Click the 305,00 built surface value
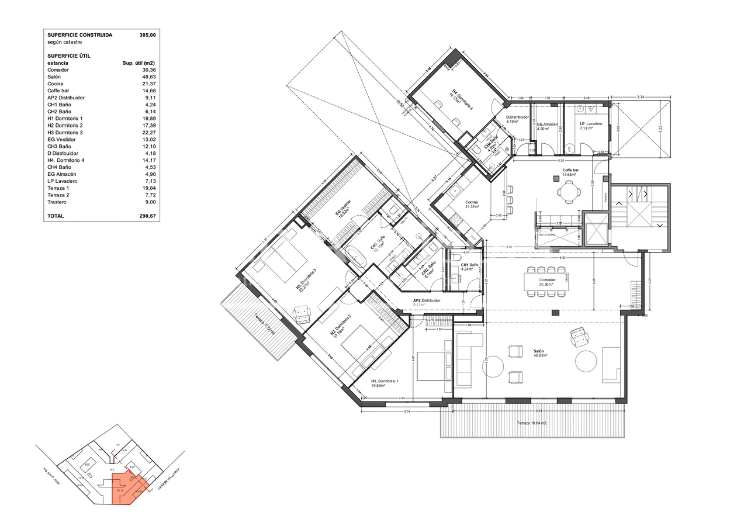147,35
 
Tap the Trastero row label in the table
57,202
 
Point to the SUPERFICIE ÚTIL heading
69,56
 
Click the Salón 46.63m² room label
539,353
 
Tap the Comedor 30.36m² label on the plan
547,282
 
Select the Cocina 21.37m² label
472,205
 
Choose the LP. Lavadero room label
590,125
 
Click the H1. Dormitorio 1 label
385,382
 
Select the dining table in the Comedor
547,282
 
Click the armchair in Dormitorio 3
302,314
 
